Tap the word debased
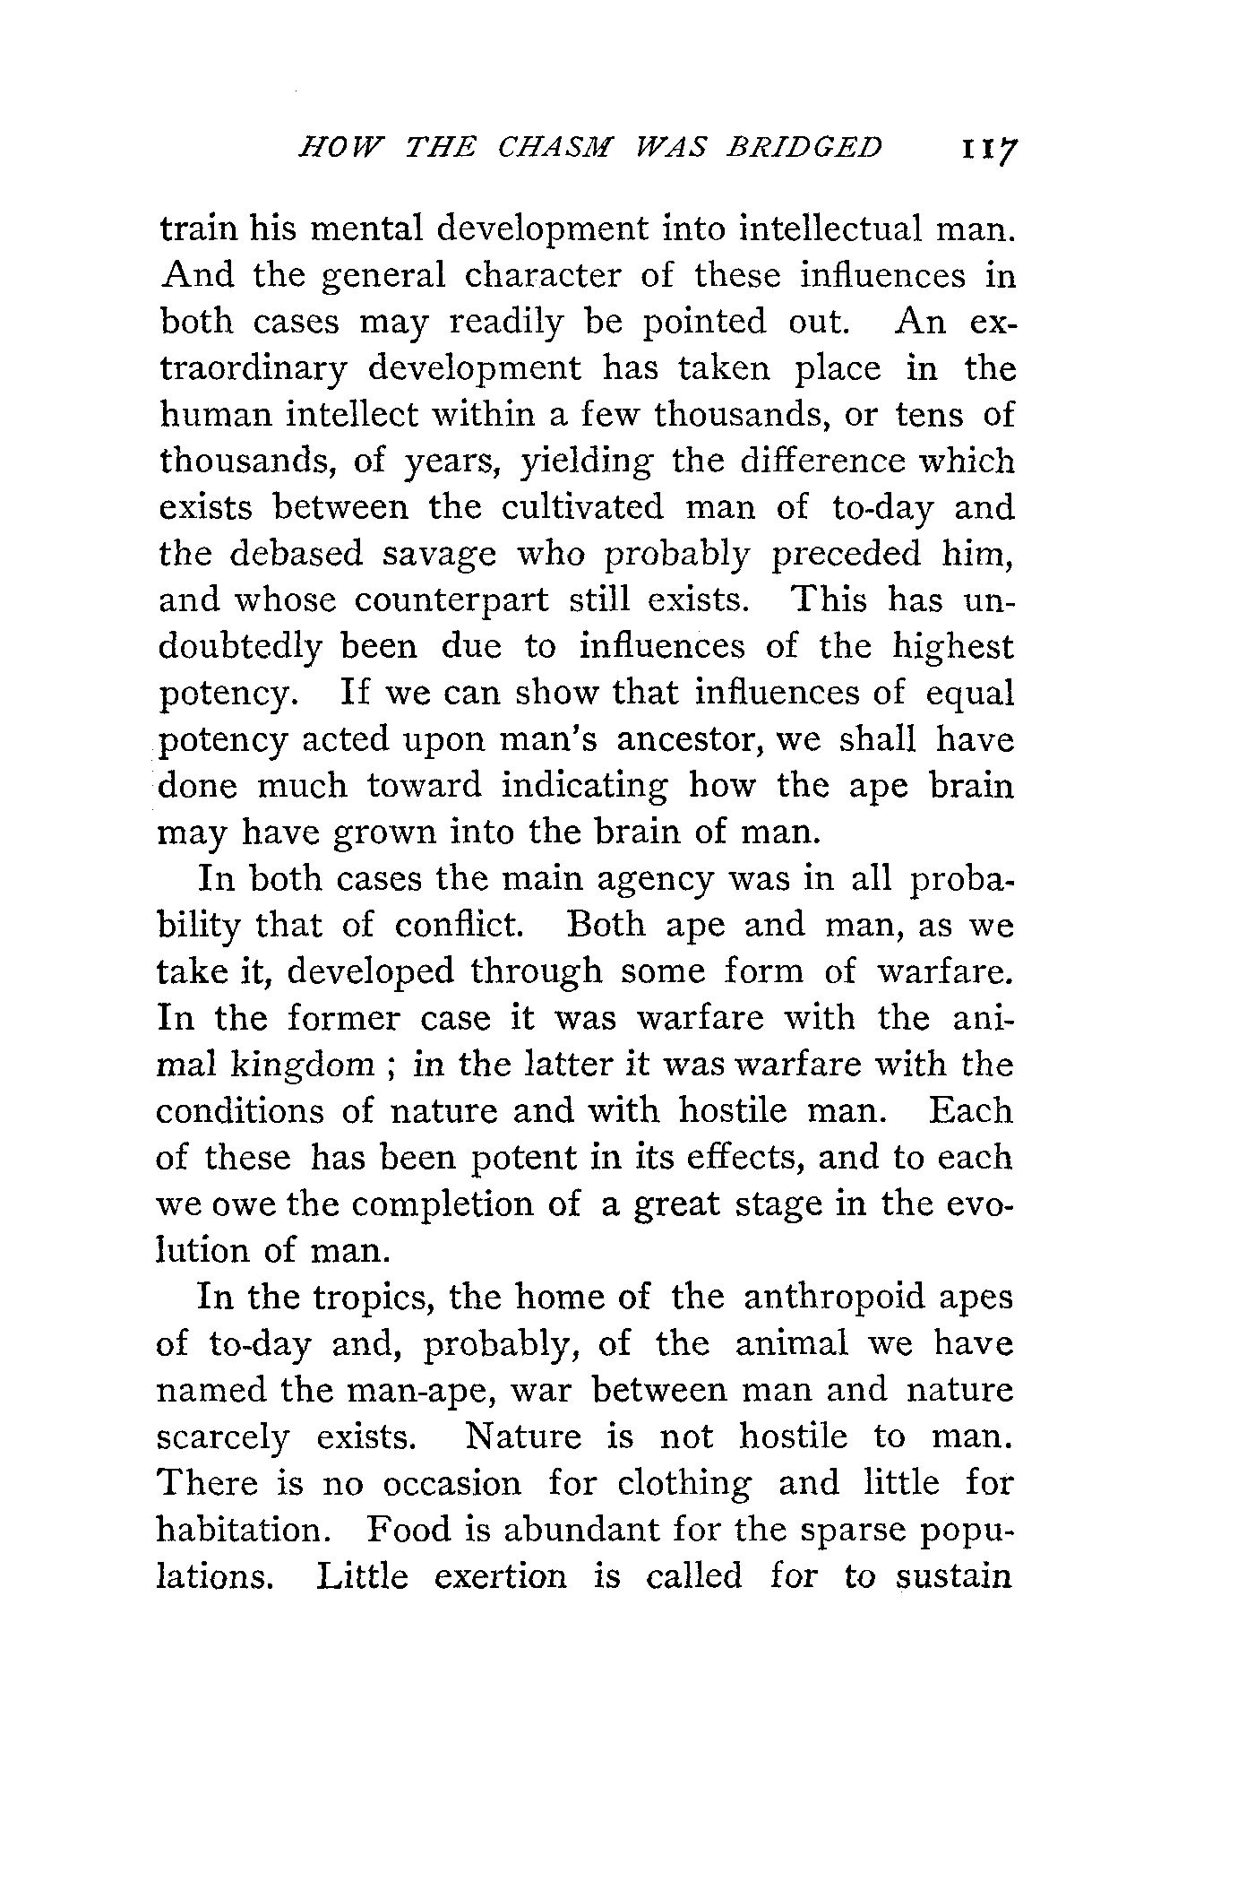[x=297, y=555]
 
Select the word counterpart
[x=451, y=601]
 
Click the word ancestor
[x=691, y=741]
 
